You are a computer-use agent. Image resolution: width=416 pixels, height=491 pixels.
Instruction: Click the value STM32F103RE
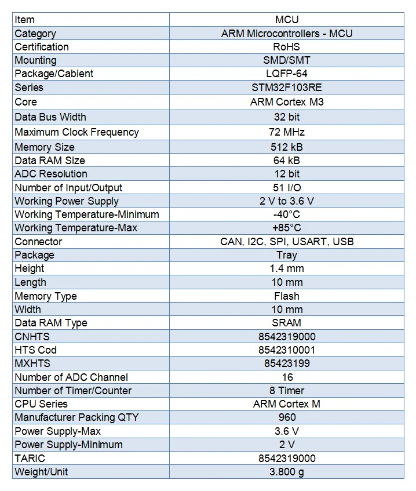[x=287, y=88]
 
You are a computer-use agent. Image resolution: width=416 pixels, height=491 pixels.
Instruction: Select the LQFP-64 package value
[x=287, y=74]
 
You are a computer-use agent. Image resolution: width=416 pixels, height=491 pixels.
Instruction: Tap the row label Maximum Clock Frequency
[x=76, y=132]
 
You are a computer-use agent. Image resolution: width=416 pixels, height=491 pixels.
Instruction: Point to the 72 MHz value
[x=287, y=132]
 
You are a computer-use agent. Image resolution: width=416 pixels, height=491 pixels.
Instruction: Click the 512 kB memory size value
[x=287, y=147]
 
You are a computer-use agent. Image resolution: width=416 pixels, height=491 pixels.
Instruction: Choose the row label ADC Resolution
[x=51, y=174]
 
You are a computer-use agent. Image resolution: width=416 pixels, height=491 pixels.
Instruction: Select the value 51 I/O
[x=287, y=188]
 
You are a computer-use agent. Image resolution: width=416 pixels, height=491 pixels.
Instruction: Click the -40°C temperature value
[x=287, y=214]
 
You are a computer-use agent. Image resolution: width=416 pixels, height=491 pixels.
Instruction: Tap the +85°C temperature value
[x=287, y=228]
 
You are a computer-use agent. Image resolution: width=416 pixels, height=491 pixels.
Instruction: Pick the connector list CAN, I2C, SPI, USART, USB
[x=287, y=242]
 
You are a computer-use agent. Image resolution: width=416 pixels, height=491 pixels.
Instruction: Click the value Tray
[x=287, y=255]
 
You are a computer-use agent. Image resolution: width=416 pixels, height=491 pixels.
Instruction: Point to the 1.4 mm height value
[x=287, y=268]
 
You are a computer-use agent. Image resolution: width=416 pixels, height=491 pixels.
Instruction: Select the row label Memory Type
[x=46, y=296]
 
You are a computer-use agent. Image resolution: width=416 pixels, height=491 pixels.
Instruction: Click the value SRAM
[x=287, y=323]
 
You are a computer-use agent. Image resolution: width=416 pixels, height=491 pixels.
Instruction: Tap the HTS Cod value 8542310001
[x=287, y=350]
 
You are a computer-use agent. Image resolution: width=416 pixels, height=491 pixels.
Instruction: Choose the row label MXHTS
[x=32, y=363]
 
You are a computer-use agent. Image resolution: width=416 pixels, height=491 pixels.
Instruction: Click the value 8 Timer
[x=287, y=391]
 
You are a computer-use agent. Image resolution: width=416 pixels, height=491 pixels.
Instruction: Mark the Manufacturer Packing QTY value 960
[x=287, y=417]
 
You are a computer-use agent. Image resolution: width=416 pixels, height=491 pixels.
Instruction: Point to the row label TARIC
[x=30, y=458]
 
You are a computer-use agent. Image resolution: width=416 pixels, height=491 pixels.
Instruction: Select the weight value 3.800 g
[x=287, y=472]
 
